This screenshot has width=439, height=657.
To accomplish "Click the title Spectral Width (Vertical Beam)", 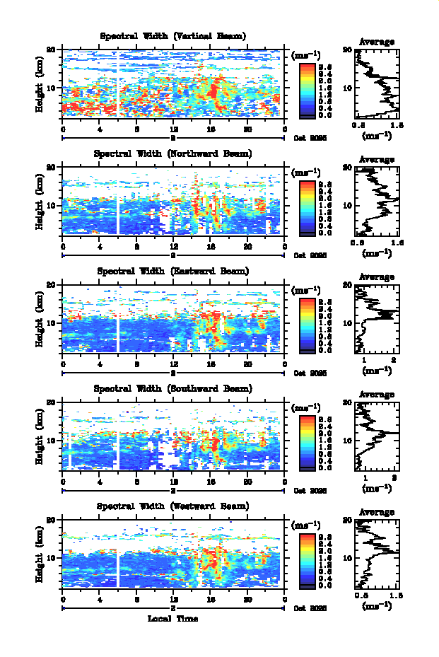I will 172,36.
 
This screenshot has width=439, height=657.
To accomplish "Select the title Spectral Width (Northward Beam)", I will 172,153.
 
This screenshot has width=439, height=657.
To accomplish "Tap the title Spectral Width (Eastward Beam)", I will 172,271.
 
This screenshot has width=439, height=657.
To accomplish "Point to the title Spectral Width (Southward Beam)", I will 172,388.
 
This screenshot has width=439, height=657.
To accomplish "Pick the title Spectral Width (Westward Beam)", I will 172,506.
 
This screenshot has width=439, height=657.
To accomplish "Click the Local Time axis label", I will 172,619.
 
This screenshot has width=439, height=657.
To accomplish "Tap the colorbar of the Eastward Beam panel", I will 307,325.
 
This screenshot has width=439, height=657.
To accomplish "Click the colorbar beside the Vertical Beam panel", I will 307,89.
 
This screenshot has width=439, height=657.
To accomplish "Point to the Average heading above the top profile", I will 377,42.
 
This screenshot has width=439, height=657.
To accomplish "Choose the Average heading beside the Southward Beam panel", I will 377,395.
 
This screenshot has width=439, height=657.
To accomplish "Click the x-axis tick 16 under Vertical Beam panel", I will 211,129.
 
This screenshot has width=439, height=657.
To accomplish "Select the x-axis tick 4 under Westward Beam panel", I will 100,600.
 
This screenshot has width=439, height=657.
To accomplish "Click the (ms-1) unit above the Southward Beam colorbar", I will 306,408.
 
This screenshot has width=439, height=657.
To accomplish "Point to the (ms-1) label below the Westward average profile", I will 377,606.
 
